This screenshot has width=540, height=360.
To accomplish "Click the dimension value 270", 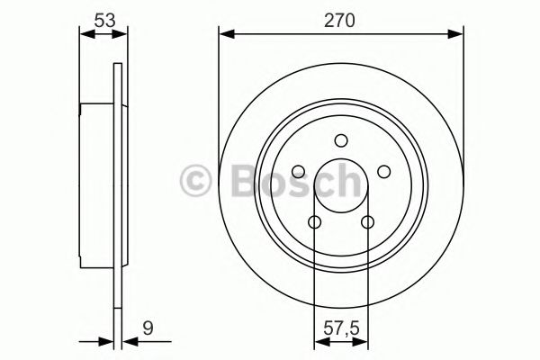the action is (339, 21).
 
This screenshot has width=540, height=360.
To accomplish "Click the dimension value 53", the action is (104, 21).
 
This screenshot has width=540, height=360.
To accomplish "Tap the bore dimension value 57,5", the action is (341, 328).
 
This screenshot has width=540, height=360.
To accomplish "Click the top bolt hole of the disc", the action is (341, 140).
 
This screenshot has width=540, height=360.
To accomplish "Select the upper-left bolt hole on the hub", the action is (298, 171).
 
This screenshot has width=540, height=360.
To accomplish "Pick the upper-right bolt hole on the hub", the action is (384, 171).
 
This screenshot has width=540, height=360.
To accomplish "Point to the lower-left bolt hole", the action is (315, 222).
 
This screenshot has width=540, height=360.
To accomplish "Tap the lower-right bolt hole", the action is (368, 222).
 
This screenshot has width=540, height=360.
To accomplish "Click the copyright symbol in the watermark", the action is (195, 181).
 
